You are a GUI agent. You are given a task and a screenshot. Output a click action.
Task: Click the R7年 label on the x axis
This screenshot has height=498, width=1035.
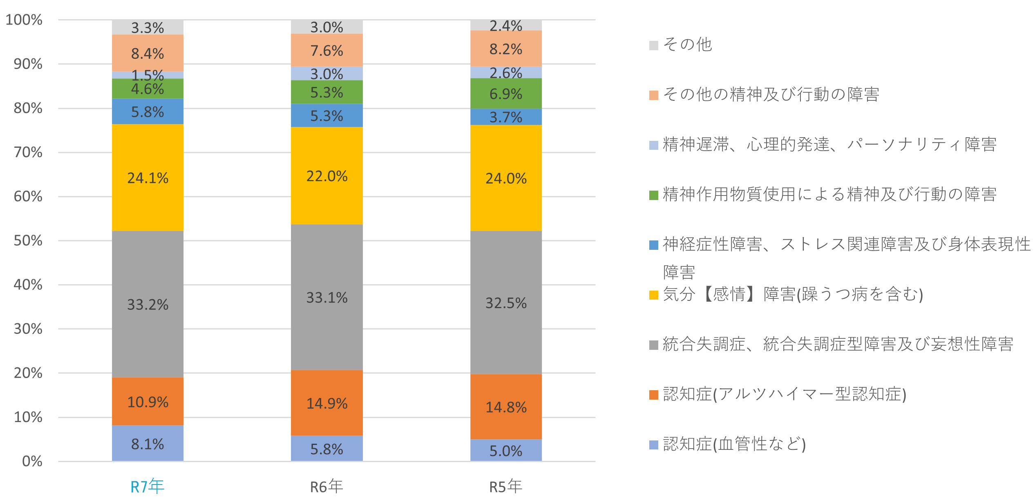(147, 487)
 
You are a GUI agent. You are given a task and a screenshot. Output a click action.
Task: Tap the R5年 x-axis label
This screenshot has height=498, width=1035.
(506, 487)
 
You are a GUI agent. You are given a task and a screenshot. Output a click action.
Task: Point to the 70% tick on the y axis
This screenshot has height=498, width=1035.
(28, 152)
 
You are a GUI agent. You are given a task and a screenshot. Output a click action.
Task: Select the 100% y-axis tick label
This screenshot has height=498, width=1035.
(24, 20)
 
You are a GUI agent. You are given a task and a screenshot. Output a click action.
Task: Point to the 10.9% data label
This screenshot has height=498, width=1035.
(148, 402)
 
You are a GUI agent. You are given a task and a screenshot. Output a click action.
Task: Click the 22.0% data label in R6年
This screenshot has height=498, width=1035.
(327, 176)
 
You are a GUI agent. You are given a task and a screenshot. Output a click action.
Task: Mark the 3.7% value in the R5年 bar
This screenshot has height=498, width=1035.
(506, 117)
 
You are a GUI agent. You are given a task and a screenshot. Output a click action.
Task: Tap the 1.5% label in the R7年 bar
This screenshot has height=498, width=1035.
(148, 75)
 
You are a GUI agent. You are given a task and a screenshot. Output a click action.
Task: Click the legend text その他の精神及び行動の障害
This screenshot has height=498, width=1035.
(771, 94)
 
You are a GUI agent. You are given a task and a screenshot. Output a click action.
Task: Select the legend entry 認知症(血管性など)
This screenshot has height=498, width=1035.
(734, 444)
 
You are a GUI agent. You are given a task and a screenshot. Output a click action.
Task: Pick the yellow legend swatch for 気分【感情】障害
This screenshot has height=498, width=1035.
(653, 295)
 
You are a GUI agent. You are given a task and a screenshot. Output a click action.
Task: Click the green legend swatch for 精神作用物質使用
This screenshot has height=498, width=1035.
(653, 195)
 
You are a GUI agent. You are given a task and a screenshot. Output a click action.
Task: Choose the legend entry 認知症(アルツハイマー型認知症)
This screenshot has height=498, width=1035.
(785, 394)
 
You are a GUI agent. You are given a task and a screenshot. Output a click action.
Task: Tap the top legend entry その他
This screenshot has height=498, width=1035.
(687, 44)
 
